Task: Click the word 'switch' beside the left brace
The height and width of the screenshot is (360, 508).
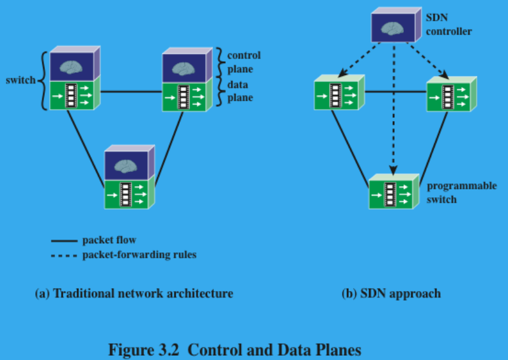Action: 20,80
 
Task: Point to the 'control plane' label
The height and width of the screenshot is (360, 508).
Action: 243,61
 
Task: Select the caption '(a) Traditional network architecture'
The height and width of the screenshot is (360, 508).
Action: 134,294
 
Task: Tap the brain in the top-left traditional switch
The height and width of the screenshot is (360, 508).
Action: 72,66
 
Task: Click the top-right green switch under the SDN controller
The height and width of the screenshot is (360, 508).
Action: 448,94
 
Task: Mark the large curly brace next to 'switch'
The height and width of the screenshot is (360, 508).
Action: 44,80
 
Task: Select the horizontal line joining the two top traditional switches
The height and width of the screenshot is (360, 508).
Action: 131,92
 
